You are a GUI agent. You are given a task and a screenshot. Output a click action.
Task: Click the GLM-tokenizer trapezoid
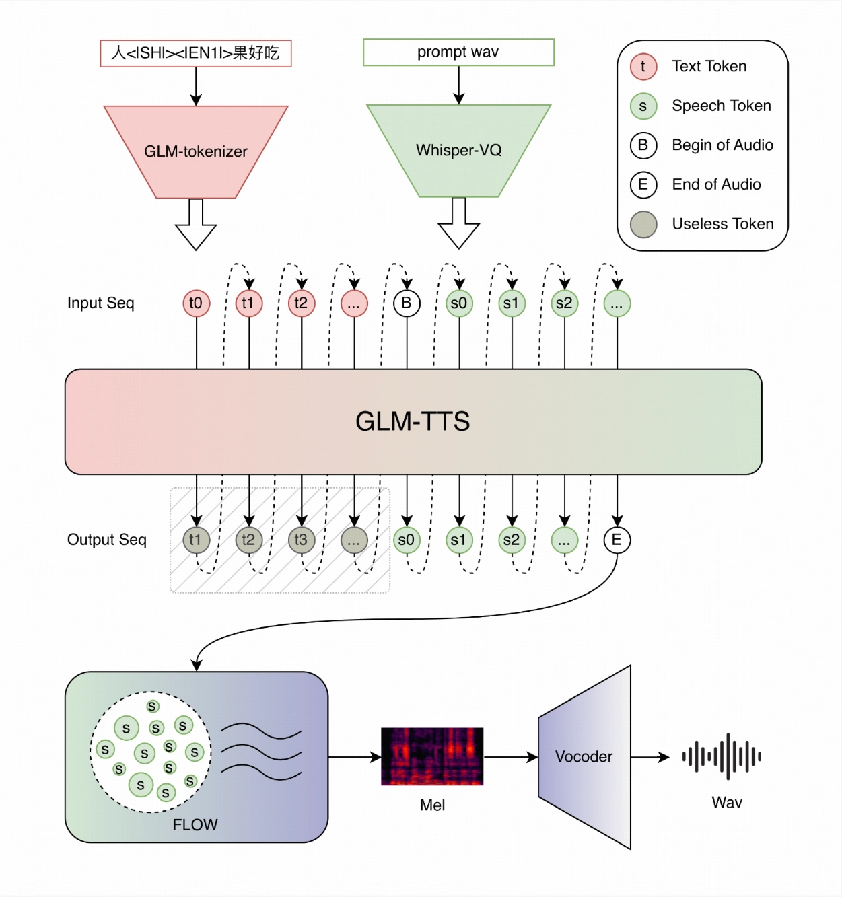pos(196,151)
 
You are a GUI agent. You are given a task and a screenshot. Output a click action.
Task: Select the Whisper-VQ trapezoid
pos(458,150)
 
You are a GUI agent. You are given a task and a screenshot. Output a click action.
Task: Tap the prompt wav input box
pos(458,52)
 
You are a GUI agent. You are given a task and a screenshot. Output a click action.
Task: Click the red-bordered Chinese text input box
pos(195,53)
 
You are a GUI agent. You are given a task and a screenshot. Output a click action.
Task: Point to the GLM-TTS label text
pos(413,421)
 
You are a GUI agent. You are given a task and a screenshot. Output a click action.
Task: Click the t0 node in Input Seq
pos(196,303)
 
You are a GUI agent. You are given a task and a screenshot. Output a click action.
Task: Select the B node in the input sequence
pos(407,303)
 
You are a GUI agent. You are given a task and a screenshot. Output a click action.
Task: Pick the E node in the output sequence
pos(617,540)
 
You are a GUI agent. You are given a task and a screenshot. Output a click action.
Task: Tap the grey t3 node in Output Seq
pos(301,540)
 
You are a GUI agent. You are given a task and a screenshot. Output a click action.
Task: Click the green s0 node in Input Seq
pos(459,303)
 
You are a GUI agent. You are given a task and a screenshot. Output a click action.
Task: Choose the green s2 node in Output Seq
pos(512,540)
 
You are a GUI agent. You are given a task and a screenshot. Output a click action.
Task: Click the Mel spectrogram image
pos(432,756)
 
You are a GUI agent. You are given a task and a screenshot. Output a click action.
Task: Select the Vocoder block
pos(584,757)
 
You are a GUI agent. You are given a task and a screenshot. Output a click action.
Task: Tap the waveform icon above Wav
pos(722,756)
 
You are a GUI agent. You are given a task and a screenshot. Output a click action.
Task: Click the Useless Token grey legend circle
pos(643,224)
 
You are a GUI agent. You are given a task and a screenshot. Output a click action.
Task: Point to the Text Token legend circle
pos(643,66)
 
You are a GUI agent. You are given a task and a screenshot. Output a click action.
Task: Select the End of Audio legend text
pos(716,184)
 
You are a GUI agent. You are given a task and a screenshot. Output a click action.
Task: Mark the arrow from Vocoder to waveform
pos(650,757)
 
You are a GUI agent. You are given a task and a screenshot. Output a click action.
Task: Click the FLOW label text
pos(195,825)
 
